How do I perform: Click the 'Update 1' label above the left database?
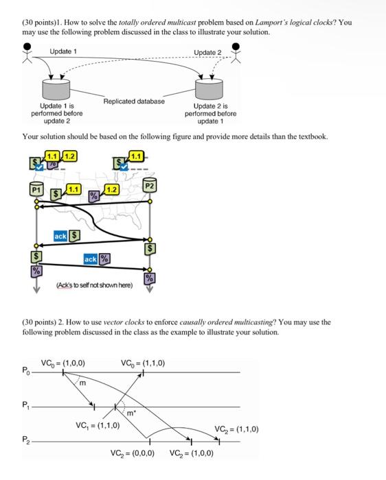tap(63, 52)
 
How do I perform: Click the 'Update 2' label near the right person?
tap(207, 53)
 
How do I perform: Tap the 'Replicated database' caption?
tap(134, 101)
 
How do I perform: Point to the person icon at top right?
tap(237, 52)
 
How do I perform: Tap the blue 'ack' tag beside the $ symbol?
tap(60, 236)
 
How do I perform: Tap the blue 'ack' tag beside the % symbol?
tap(90, 259)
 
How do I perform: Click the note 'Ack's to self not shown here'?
tap(94, 285)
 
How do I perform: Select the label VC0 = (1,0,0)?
tap(63, 363)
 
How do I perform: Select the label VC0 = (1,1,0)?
tap(142, 363)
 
